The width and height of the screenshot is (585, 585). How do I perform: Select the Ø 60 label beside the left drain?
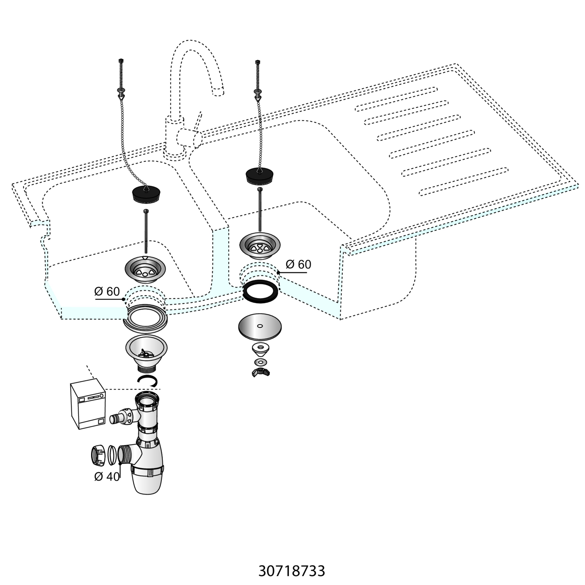click(x=107, y=292)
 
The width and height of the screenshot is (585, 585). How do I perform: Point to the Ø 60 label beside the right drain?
click(x=298, y=264)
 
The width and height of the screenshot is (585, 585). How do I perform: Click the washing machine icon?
click(x=88, y=406)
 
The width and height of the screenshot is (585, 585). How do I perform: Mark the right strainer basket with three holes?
click(x=260, y=246)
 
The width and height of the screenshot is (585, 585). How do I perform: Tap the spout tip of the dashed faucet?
click(x=218, y=91)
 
